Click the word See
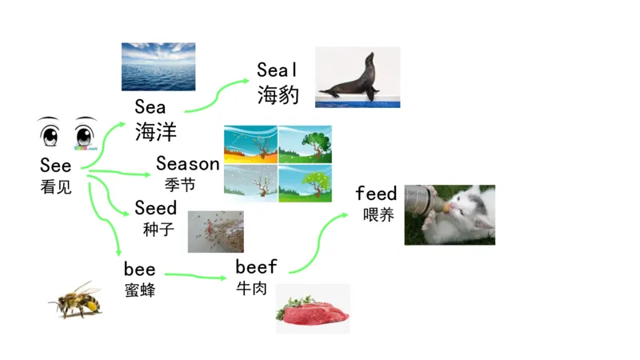tap(56, 166)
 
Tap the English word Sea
tap(150, 107)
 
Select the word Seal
tap(277, 70)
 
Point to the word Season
tap(187, 164)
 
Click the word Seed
tap(155, 208)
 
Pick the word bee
tap(139, 269)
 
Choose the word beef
tap(256, 266)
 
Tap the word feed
tap(376, 194)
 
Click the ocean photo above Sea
tap(158, 66)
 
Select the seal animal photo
tap(358, 77)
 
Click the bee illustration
tap(76, 300)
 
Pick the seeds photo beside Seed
tap(215, 231)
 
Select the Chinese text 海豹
tap(278, 96)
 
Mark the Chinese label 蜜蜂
tap(139, 290)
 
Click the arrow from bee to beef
tap(196, 276)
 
